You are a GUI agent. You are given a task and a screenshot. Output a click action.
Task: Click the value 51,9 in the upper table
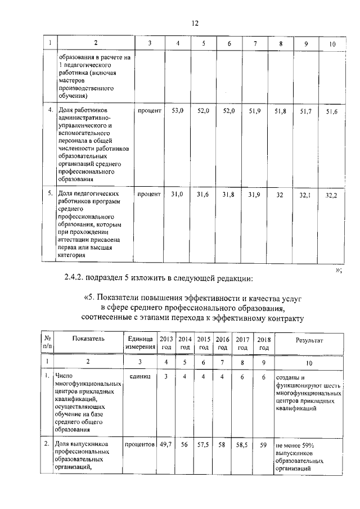point(255,112)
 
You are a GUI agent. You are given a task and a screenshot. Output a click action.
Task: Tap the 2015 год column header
point(204,343)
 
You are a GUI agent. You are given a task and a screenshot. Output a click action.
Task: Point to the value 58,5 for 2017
point(243,444)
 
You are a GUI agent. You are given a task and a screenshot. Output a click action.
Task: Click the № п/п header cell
point(48,343)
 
